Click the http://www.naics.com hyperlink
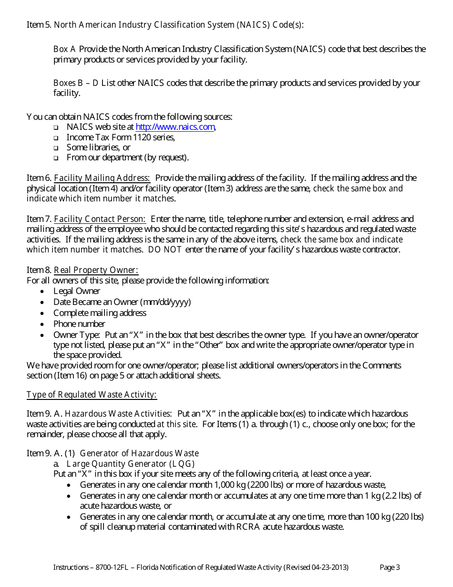[x=175, y=127]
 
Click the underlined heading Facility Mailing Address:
[x=102, y=178]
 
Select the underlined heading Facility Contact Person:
[x=100, y=219]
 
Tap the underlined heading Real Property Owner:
[x=96, y=270]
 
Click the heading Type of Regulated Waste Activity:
[x=92, y=395]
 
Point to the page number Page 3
[x=389, y=567]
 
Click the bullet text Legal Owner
[x=77, y=291]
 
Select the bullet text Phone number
[x=79, y=324]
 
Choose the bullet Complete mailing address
[x=100, y=313]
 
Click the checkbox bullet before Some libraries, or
[x=56, y=148]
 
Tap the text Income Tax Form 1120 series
[x=121, y=137]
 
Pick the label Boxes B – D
[x=75, y=83]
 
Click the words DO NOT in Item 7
[x=165, y=250]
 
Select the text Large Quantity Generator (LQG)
[x=131, y=464]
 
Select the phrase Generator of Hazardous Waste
[x=139, y=453]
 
